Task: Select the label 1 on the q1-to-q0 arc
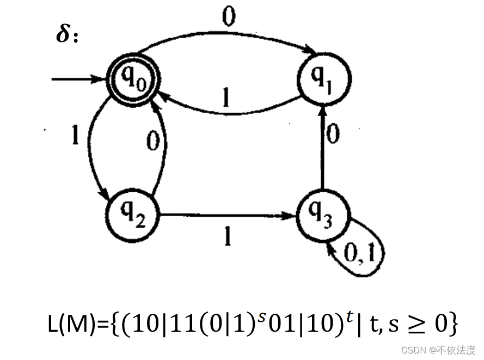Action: tap(225, 99)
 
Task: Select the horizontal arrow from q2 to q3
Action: tap(229, 215)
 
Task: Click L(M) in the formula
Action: tap(72, 325)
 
